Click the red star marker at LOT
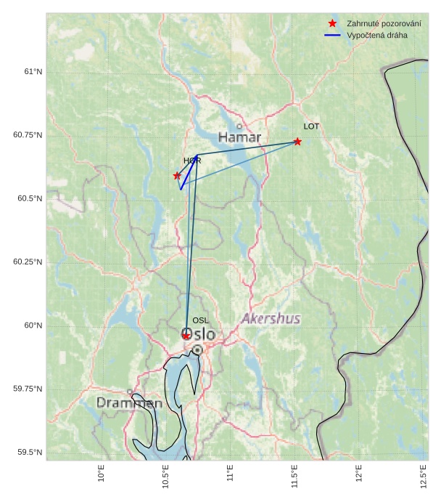tap(297, 142)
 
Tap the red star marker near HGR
tap(177, 176)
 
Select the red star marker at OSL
tap(186, 336)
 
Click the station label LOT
tap(311, 126)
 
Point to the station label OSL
tap(200, 320)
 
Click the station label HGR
tap(192, 161)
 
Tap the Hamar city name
tap(239, 137)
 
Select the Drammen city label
tap(129, 402)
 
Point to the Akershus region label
tap(271, 319)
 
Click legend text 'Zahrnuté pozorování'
tap(384, 24)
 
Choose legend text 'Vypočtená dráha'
tap(377, 35)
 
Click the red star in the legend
tap(332, 23)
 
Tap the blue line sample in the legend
tap(332, 35)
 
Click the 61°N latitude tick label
tap(33, 72)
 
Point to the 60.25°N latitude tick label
tap(28, 262)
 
